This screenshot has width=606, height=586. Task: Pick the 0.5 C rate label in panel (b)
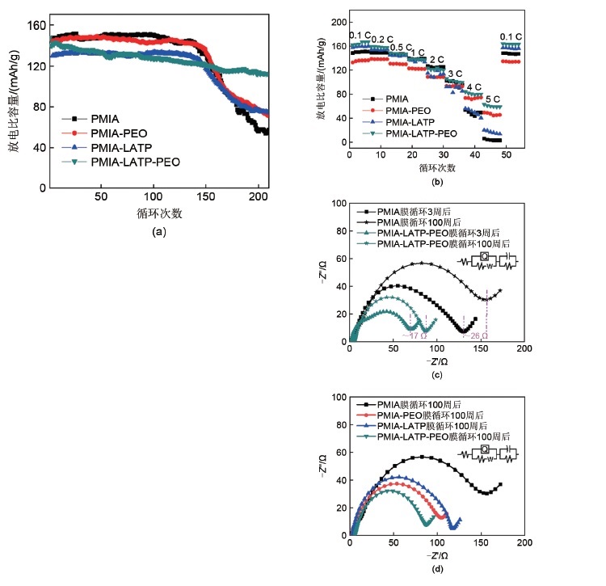[x=400, y=48]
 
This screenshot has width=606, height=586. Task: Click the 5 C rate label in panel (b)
[x=492, y=99]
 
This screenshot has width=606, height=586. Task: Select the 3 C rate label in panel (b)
[x=455, y=74]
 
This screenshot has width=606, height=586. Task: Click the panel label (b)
[x=437, y=183]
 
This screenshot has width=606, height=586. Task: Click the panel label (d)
[x=437, y=567]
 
